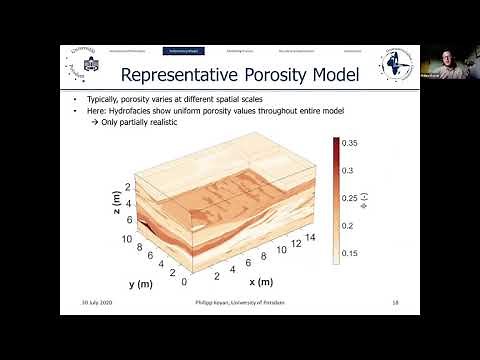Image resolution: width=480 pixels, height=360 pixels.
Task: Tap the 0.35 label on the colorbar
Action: (352, 144)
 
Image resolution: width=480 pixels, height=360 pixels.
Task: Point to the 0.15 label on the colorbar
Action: (352, 254)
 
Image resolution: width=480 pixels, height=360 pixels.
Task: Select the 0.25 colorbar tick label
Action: (352, 199)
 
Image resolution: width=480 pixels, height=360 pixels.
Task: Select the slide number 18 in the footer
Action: (396, 303)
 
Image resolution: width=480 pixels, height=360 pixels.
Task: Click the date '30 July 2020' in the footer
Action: (97, 303)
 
